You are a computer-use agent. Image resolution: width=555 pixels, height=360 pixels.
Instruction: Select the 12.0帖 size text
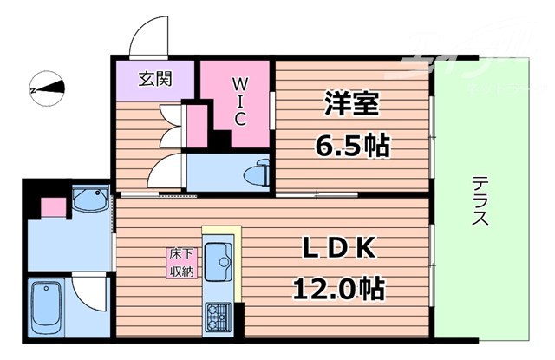click(338, 287)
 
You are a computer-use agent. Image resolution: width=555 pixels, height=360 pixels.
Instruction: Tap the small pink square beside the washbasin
click(53, 206)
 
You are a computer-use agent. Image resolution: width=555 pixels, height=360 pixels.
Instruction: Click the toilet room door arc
click(165, 169)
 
